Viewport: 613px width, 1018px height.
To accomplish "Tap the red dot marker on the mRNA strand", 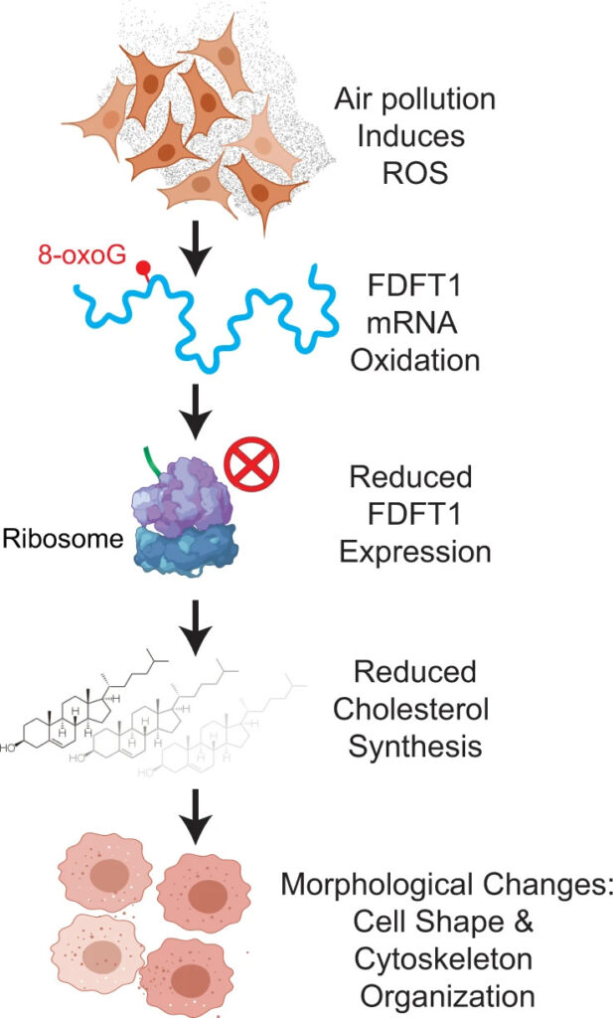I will [x=144, y=266].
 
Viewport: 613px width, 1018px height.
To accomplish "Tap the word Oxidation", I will [x=414, y=359].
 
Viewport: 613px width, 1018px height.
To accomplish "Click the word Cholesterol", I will [x=414, y=709].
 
